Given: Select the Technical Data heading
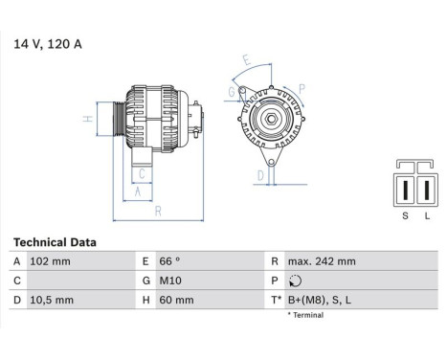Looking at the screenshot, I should click(55, 243).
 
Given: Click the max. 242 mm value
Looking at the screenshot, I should click(322, 261).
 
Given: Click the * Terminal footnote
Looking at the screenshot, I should click(305, 314).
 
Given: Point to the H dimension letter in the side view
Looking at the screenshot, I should click(87, 119).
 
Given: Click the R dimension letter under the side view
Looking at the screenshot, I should click(157, 211).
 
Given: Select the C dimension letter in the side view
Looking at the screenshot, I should click(142, 173).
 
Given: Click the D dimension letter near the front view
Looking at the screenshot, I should click(259, 175).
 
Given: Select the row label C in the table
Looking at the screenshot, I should click(16, 281).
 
